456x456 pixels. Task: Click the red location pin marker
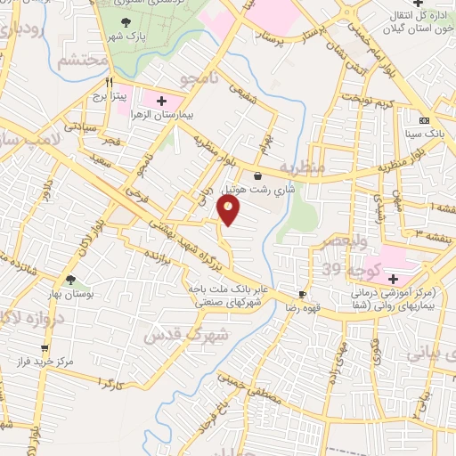[229, 210]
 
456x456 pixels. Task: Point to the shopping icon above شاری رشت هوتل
[257, 175]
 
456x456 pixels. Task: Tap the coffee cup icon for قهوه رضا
[303, 293]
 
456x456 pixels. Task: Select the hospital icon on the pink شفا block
[393, 278]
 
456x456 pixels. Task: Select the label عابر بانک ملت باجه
[221, 289]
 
